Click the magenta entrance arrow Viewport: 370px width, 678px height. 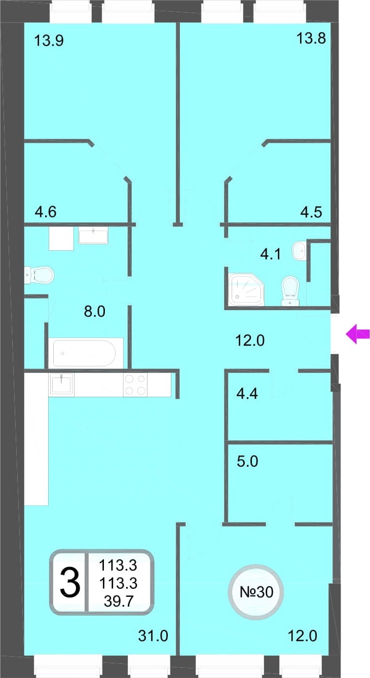point(358,334)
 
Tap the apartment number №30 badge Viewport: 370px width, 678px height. point(256,592)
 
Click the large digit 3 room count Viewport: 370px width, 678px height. point(70,582)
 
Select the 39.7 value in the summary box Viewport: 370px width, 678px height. point(119,600)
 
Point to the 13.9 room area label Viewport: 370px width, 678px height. point(49,41)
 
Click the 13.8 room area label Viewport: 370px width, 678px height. point(311,39)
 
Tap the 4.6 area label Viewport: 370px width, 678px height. point(46,212)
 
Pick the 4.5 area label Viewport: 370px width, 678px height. point(311,212)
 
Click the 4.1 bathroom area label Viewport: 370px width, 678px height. point(270,254)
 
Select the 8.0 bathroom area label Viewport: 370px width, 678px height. point(94,312)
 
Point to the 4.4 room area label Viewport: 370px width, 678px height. point(247,394)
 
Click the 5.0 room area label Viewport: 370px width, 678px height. point(247,462)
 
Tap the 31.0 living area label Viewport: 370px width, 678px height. point(153,636)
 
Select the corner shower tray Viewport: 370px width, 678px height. point(246,289)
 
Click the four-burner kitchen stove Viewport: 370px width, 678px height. point(135,385)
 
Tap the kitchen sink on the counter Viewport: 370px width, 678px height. point(61,384)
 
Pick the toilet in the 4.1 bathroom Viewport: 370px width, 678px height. point(290,291)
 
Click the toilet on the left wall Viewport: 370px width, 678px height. point(39,275)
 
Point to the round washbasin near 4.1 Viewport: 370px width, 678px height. point(299,250)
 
